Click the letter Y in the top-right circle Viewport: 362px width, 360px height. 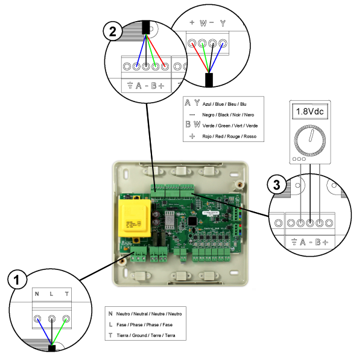point(223,24)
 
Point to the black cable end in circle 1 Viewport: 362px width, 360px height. point(52,347)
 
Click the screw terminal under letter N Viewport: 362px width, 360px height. point(37,319)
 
